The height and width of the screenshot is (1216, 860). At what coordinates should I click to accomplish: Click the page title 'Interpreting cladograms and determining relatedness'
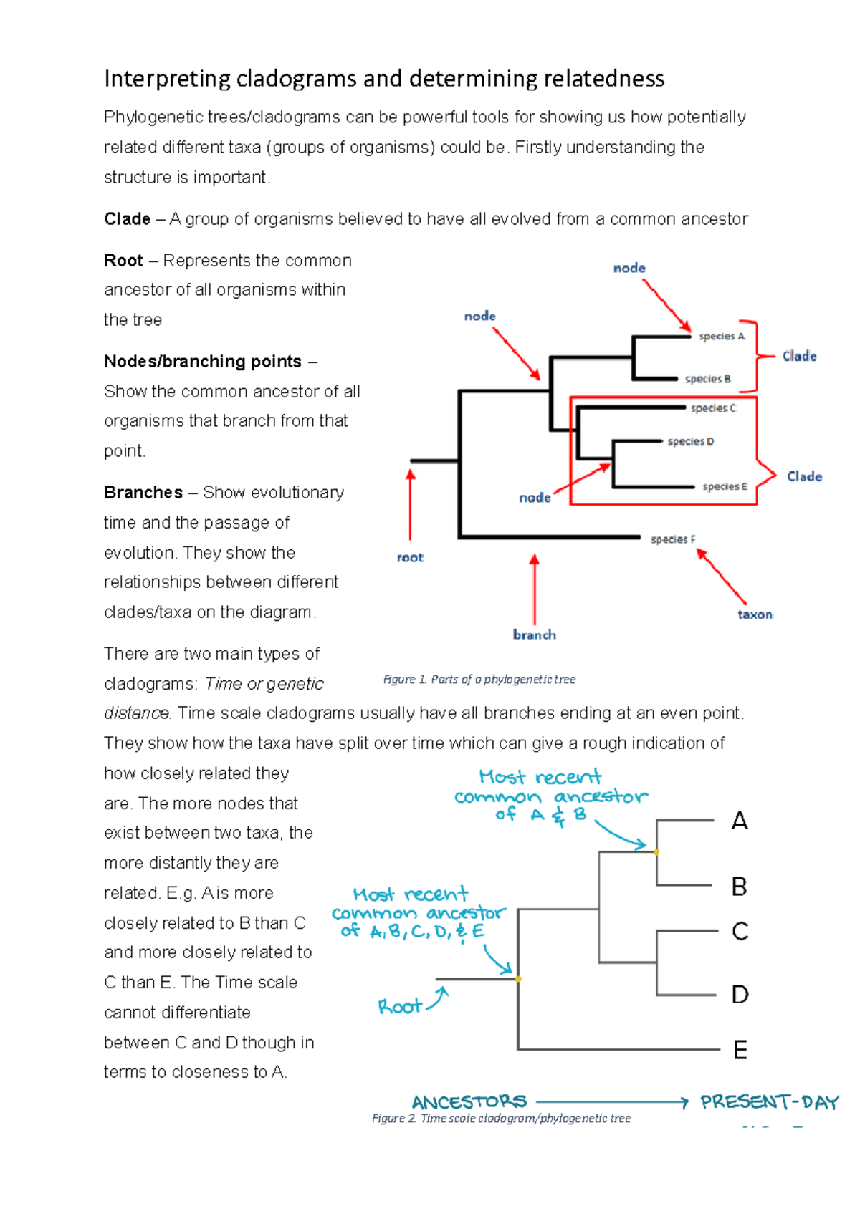click(384, 78)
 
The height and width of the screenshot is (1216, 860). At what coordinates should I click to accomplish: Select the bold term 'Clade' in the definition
click(127, 219)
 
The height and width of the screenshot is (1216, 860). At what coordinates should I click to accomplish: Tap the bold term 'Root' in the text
click(123, 261)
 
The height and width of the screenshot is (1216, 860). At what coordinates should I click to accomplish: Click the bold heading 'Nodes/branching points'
click(202, 362)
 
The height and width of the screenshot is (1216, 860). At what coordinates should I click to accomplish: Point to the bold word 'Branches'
click(143, 493)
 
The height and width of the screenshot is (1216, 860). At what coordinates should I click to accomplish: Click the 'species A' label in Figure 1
click(722, 336)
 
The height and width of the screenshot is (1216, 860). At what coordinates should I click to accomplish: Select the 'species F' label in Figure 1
click(672, 539)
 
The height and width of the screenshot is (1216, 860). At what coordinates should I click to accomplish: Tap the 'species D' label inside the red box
click(690, 442)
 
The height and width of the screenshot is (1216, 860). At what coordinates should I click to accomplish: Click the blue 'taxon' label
click(755, 614)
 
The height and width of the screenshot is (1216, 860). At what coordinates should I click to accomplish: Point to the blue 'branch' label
click(534, 634)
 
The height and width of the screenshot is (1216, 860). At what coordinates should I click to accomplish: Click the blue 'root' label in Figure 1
click(410, 557)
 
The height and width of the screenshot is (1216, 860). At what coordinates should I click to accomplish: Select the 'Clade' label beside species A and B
click(799, 356)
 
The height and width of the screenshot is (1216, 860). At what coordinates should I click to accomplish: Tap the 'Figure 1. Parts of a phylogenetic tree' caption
click(479, 680)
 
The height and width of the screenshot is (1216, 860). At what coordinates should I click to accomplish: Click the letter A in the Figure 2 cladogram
click(740, 821)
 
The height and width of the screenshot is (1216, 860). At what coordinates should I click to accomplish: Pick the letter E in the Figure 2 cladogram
click(740, 1051)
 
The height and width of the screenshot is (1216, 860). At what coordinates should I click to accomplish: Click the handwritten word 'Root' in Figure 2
click(400, 1007)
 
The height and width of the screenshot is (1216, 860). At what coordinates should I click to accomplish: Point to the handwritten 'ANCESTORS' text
click(469, 1101)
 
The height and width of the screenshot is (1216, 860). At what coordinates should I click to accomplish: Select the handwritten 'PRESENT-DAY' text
click(769, 1101)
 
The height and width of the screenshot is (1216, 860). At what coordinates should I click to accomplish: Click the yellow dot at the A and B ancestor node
click(656, 851)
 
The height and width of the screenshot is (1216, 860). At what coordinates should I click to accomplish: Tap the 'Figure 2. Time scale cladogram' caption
click(501, 1119)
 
